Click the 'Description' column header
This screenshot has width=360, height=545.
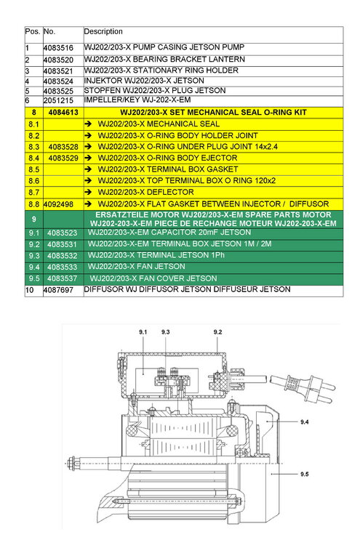(x=103, y=32)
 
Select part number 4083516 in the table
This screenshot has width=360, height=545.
(x=58, y=48)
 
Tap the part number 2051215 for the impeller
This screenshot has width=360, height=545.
(x=58, y=101)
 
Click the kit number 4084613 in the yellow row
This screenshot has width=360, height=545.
(x=63, y=113)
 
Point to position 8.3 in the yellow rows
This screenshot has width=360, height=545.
(x=33, y=147)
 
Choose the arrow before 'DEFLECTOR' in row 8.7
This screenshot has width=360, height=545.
(x=88, y=193)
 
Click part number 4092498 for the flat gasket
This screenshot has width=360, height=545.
(x=58, y=204)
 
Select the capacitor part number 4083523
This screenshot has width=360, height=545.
(x=62, y=233)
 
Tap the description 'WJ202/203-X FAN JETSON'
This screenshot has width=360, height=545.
(x=136, y=267)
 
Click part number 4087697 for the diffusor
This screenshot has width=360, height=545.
(x=58, y=290)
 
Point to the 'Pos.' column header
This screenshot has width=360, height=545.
(x=33, y=31)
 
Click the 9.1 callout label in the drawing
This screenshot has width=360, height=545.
(x=143, y=332)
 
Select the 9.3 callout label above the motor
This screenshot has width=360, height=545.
(x=166, y=332)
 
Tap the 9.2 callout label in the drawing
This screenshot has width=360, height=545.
(x=217, y=332)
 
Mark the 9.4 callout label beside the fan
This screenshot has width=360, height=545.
(x=305, y=422)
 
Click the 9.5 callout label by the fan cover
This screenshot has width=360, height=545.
(x=305, y=474)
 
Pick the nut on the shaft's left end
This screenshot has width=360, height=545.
(x=72, y=464)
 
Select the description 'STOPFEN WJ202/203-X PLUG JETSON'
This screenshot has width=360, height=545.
(x=155, y=91)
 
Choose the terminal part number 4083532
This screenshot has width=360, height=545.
(x=62, y=256)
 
